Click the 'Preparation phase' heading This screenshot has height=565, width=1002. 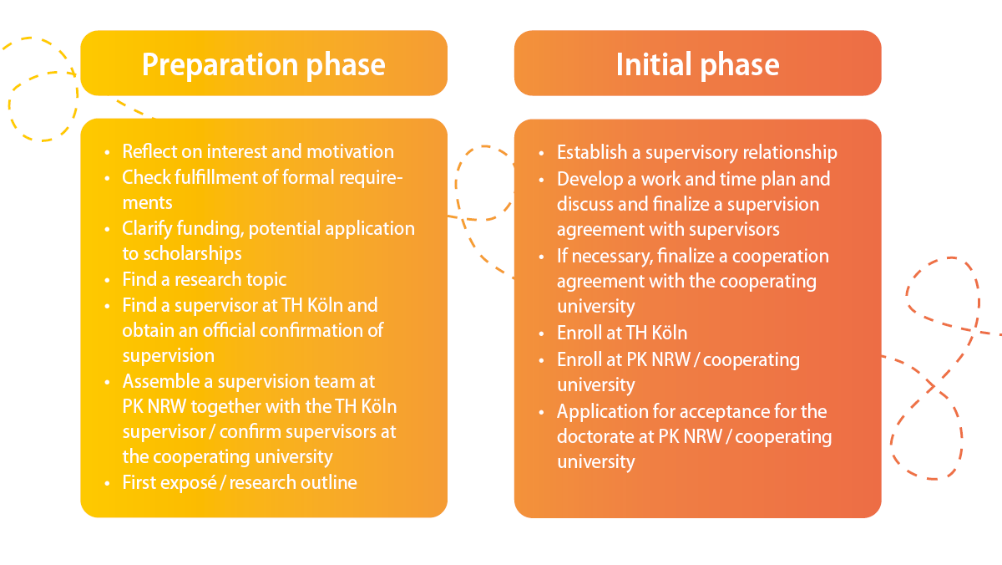[264, 65]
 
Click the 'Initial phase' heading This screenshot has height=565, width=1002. [697, 64]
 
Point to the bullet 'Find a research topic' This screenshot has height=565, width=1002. [205, 280]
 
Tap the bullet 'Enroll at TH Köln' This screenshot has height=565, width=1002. [622, 333]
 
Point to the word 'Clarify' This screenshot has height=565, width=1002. [147, 229]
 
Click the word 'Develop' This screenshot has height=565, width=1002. [590, 180]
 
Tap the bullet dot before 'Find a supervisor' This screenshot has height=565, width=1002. [108, 307]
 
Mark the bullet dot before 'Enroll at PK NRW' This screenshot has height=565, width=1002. [542, 361]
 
